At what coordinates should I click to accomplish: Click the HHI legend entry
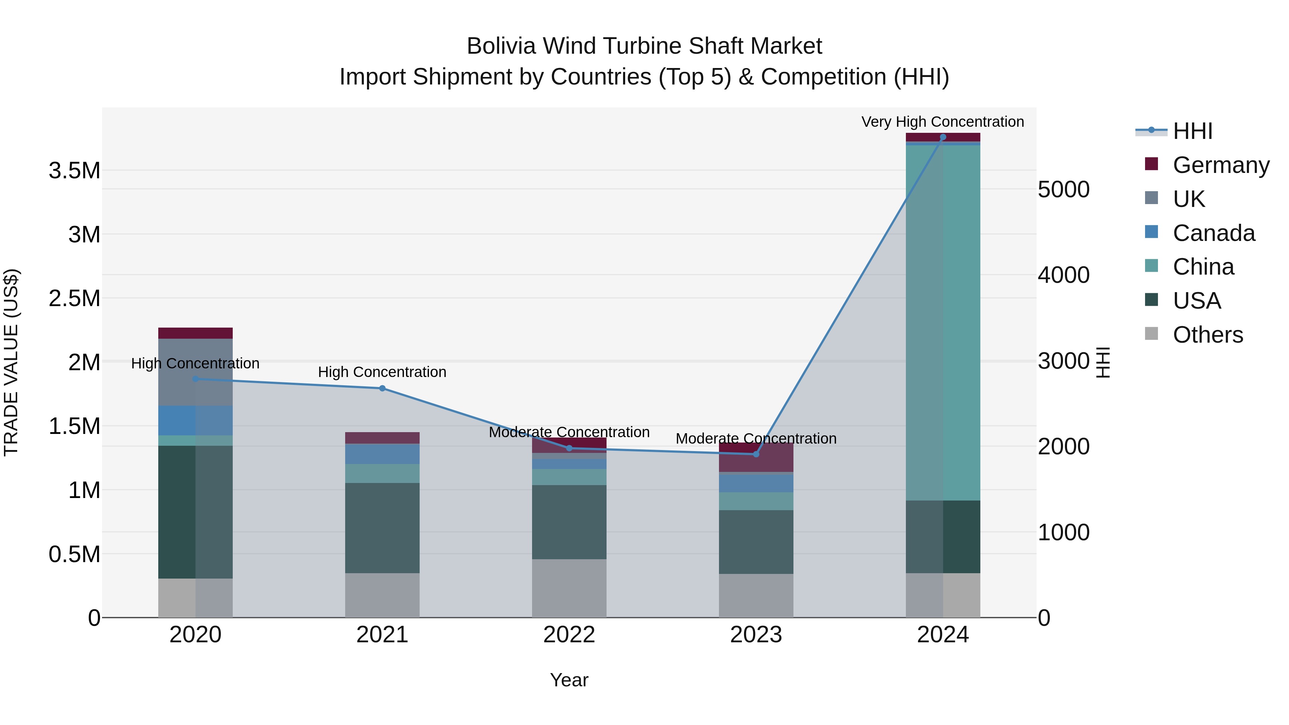point(1192,131)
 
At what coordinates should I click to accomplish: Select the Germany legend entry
point(1221,165)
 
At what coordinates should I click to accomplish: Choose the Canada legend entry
point(1213,233)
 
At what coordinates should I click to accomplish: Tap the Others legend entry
point(1207,335)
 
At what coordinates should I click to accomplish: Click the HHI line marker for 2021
point(382,388)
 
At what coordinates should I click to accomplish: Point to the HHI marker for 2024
point(943,137)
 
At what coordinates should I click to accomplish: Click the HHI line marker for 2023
point(756,454)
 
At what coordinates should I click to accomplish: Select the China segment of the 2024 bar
point(943,323)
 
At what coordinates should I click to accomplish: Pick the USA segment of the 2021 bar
point(382,528)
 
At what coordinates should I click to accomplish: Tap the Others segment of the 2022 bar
point(569,588)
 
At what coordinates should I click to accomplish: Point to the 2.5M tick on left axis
point(74,299)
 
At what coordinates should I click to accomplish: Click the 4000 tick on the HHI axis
point(1064,275)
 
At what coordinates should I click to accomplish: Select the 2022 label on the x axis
point(569,635)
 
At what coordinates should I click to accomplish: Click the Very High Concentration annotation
point(943,122)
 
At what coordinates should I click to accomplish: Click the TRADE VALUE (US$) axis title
point(11,362)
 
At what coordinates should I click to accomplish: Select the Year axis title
point(569,680)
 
